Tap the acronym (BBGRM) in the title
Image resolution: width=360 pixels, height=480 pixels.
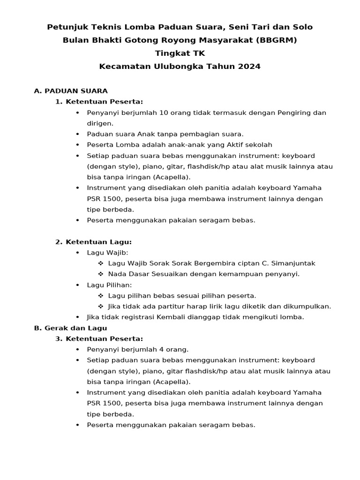pos(277,40)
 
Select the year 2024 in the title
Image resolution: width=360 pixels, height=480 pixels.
pos(249,67)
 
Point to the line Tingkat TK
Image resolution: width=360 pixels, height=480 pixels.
pos(180,53)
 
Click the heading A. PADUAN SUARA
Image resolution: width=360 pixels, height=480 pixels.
pos(71,91)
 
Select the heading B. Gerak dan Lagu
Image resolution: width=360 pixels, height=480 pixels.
pos(70,328)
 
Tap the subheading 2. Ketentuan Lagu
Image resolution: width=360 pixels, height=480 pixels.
pos(93,242)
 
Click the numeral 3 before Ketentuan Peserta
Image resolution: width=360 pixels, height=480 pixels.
pos(59,339)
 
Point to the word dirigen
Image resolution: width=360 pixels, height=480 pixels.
pos(100,123)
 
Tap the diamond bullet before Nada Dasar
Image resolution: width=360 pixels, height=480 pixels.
pos(101,274)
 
